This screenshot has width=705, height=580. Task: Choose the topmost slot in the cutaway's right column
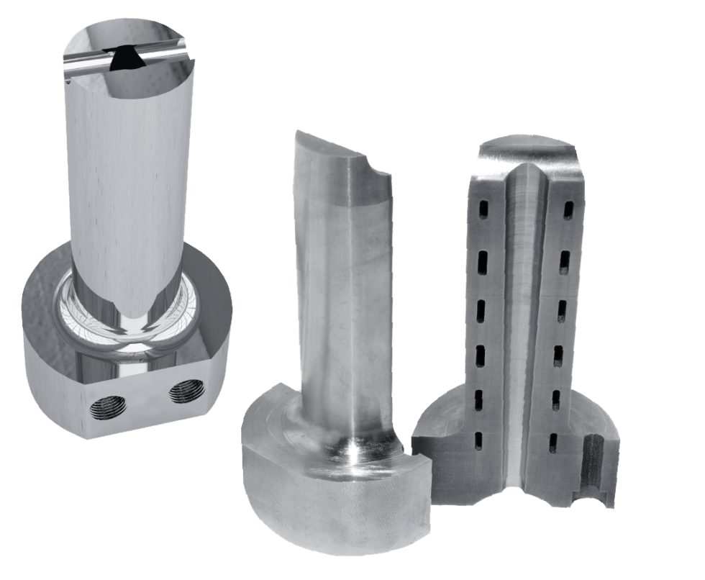tap(570, 209)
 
